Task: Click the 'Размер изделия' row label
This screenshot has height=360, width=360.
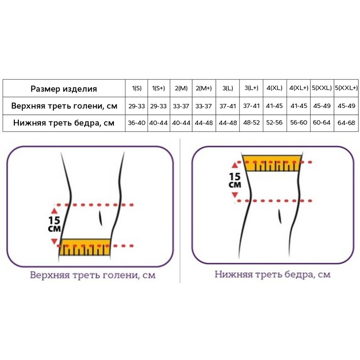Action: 63,89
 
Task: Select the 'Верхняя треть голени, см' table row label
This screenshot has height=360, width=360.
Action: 64,106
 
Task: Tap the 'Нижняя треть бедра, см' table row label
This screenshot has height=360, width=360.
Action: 64,123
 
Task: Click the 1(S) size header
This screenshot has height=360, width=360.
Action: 137,88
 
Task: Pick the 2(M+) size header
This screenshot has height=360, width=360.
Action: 204,88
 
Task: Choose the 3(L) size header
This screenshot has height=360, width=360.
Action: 228,88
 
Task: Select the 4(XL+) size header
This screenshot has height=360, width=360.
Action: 298,88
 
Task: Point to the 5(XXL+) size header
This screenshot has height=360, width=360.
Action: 346,88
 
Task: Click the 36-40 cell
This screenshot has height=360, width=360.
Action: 137,123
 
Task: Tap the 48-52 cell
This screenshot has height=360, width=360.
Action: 252,122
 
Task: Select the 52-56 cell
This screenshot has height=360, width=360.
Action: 274,122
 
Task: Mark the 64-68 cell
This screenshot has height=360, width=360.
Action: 346,123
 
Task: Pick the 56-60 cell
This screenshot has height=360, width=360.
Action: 298,122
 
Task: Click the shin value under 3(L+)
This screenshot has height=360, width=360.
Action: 252,106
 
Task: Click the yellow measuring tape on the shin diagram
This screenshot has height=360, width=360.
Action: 85,247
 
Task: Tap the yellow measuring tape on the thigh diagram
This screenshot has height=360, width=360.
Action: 272,163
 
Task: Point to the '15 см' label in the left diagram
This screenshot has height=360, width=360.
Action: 54,224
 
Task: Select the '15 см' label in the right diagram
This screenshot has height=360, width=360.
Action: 235,180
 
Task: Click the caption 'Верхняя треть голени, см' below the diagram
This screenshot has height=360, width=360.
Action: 93,275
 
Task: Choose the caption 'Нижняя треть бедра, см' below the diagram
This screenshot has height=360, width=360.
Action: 273,274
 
